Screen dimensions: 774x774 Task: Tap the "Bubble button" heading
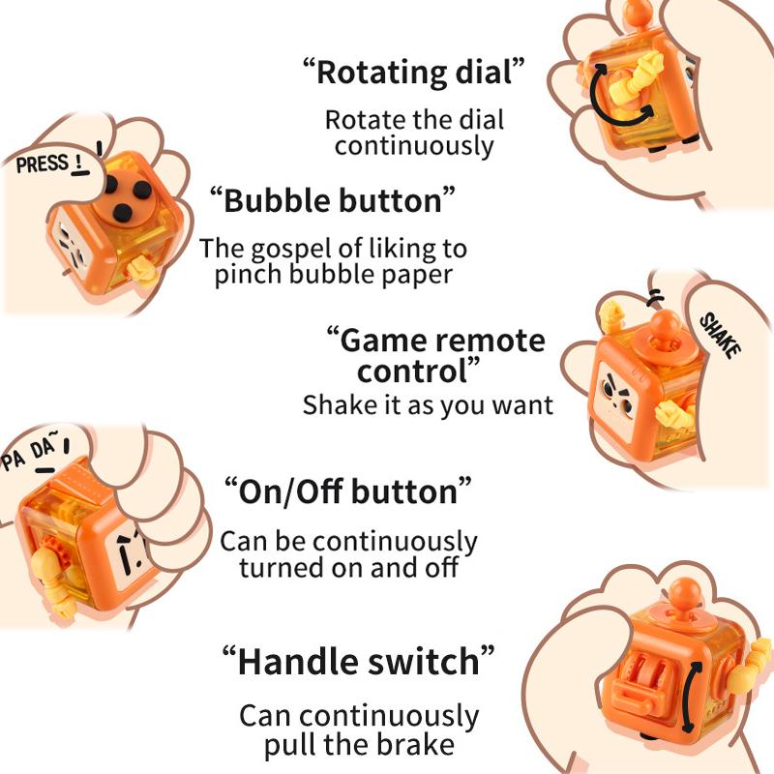pyautogui.click(x=332, y=201)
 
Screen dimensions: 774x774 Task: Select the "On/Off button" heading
pyautogui.click(x=347, y=491)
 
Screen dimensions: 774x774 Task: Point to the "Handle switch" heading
pyautogui.click(x=358, y=663)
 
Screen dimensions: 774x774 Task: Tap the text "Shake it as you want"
pyautogui.click(x=428, y=404)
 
